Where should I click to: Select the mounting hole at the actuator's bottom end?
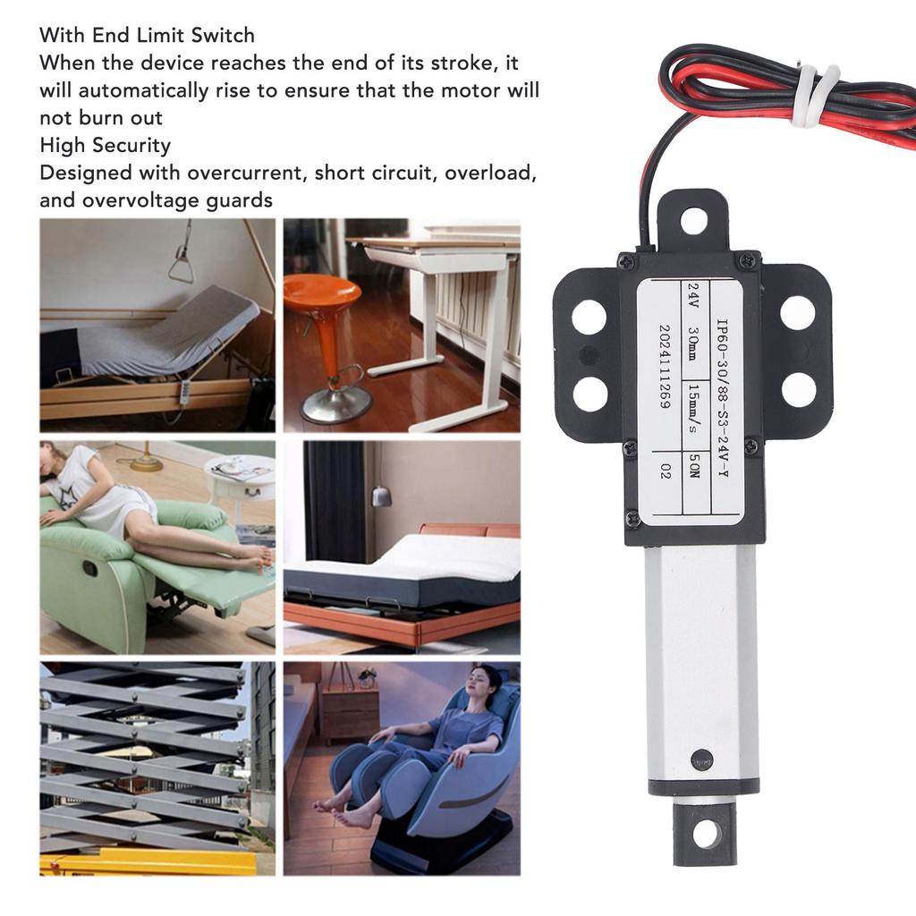(706, 834)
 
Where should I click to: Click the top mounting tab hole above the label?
(693, 219)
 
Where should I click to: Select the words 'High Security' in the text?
(105, 145)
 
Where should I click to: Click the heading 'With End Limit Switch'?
(147, 36)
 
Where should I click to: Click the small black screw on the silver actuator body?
(702, 757)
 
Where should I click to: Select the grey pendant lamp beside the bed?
(382, 496)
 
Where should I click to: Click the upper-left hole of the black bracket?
(589, 316)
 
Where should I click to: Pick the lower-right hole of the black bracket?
(798, 390)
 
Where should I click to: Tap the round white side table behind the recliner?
(240, 475)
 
